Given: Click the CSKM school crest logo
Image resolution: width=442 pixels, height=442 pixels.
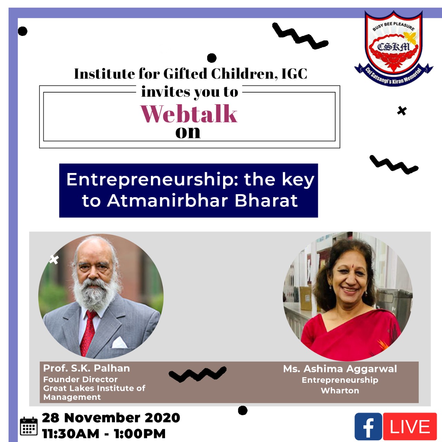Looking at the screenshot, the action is pyautogui.click(x=394, y=48).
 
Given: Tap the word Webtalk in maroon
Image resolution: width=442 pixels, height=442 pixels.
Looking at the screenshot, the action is pyautogui.click(x=189, y=114).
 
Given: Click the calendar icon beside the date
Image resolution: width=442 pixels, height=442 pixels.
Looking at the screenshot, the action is pyautogui.click(x=29, y=426).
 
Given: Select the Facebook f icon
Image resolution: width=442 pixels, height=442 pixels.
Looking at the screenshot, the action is pyautogui.click(x=368, y=426).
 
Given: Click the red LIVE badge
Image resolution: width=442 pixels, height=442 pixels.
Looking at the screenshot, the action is pyautogui.click(x=410, y=426).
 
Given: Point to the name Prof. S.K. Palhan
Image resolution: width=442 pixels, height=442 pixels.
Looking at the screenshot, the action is pyautogui.click(x=86, y=368).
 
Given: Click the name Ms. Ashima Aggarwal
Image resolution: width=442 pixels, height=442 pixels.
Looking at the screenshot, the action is pyautogui.click(x=340, y=369).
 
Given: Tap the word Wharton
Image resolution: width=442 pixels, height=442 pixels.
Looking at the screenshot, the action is pyautogui.click(x=340, y=391).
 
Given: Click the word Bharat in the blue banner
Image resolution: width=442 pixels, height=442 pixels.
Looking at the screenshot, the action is pyautogui.click(x=266, y=201).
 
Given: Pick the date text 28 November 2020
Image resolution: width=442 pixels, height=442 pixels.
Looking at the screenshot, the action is pyautogui.click(x=111, y=417).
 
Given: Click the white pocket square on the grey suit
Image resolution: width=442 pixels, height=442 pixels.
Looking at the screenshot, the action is pyautogui.click(x=119, y=343).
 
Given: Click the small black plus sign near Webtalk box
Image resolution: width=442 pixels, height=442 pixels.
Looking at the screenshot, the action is pyautogui.click(x=402, y=111).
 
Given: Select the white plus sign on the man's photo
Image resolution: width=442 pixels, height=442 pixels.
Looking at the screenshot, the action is pyautogui.click(x=54, y=259).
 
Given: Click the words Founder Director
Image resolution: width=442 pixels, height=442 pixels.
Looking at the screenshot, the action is pyautogui.click(x=80, y=379).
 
